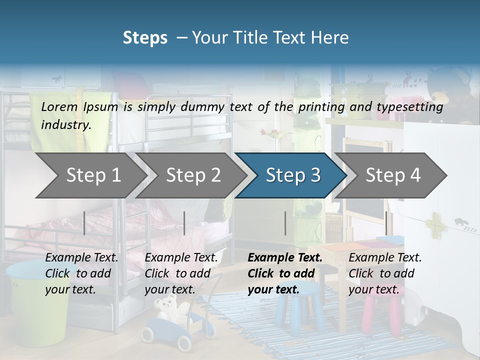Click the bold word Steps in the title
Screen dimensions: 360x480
tap(145, 37)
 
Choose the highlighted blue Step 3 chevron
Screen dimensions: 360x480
tap(292, 175)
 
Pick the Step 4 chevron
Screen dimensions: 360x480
tap(392, 175)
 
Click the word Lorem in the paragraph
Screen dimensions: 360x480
tap(59, 106)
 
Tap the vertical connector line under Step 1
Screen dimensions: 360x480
tap(84, 223)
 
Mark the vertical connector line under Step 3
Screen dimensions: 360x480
tap(285, 223)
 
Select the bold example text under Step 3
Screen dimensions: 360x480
tap(285, 273)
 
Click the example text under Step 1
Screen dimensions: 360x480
tap(81, 273)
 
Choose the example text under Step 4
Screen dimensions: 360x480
tap(385, 273)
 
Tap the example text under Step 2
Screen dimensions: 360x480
tap(181, 273)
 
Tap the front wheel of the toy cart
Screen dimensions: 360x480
tap(183, 342)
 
